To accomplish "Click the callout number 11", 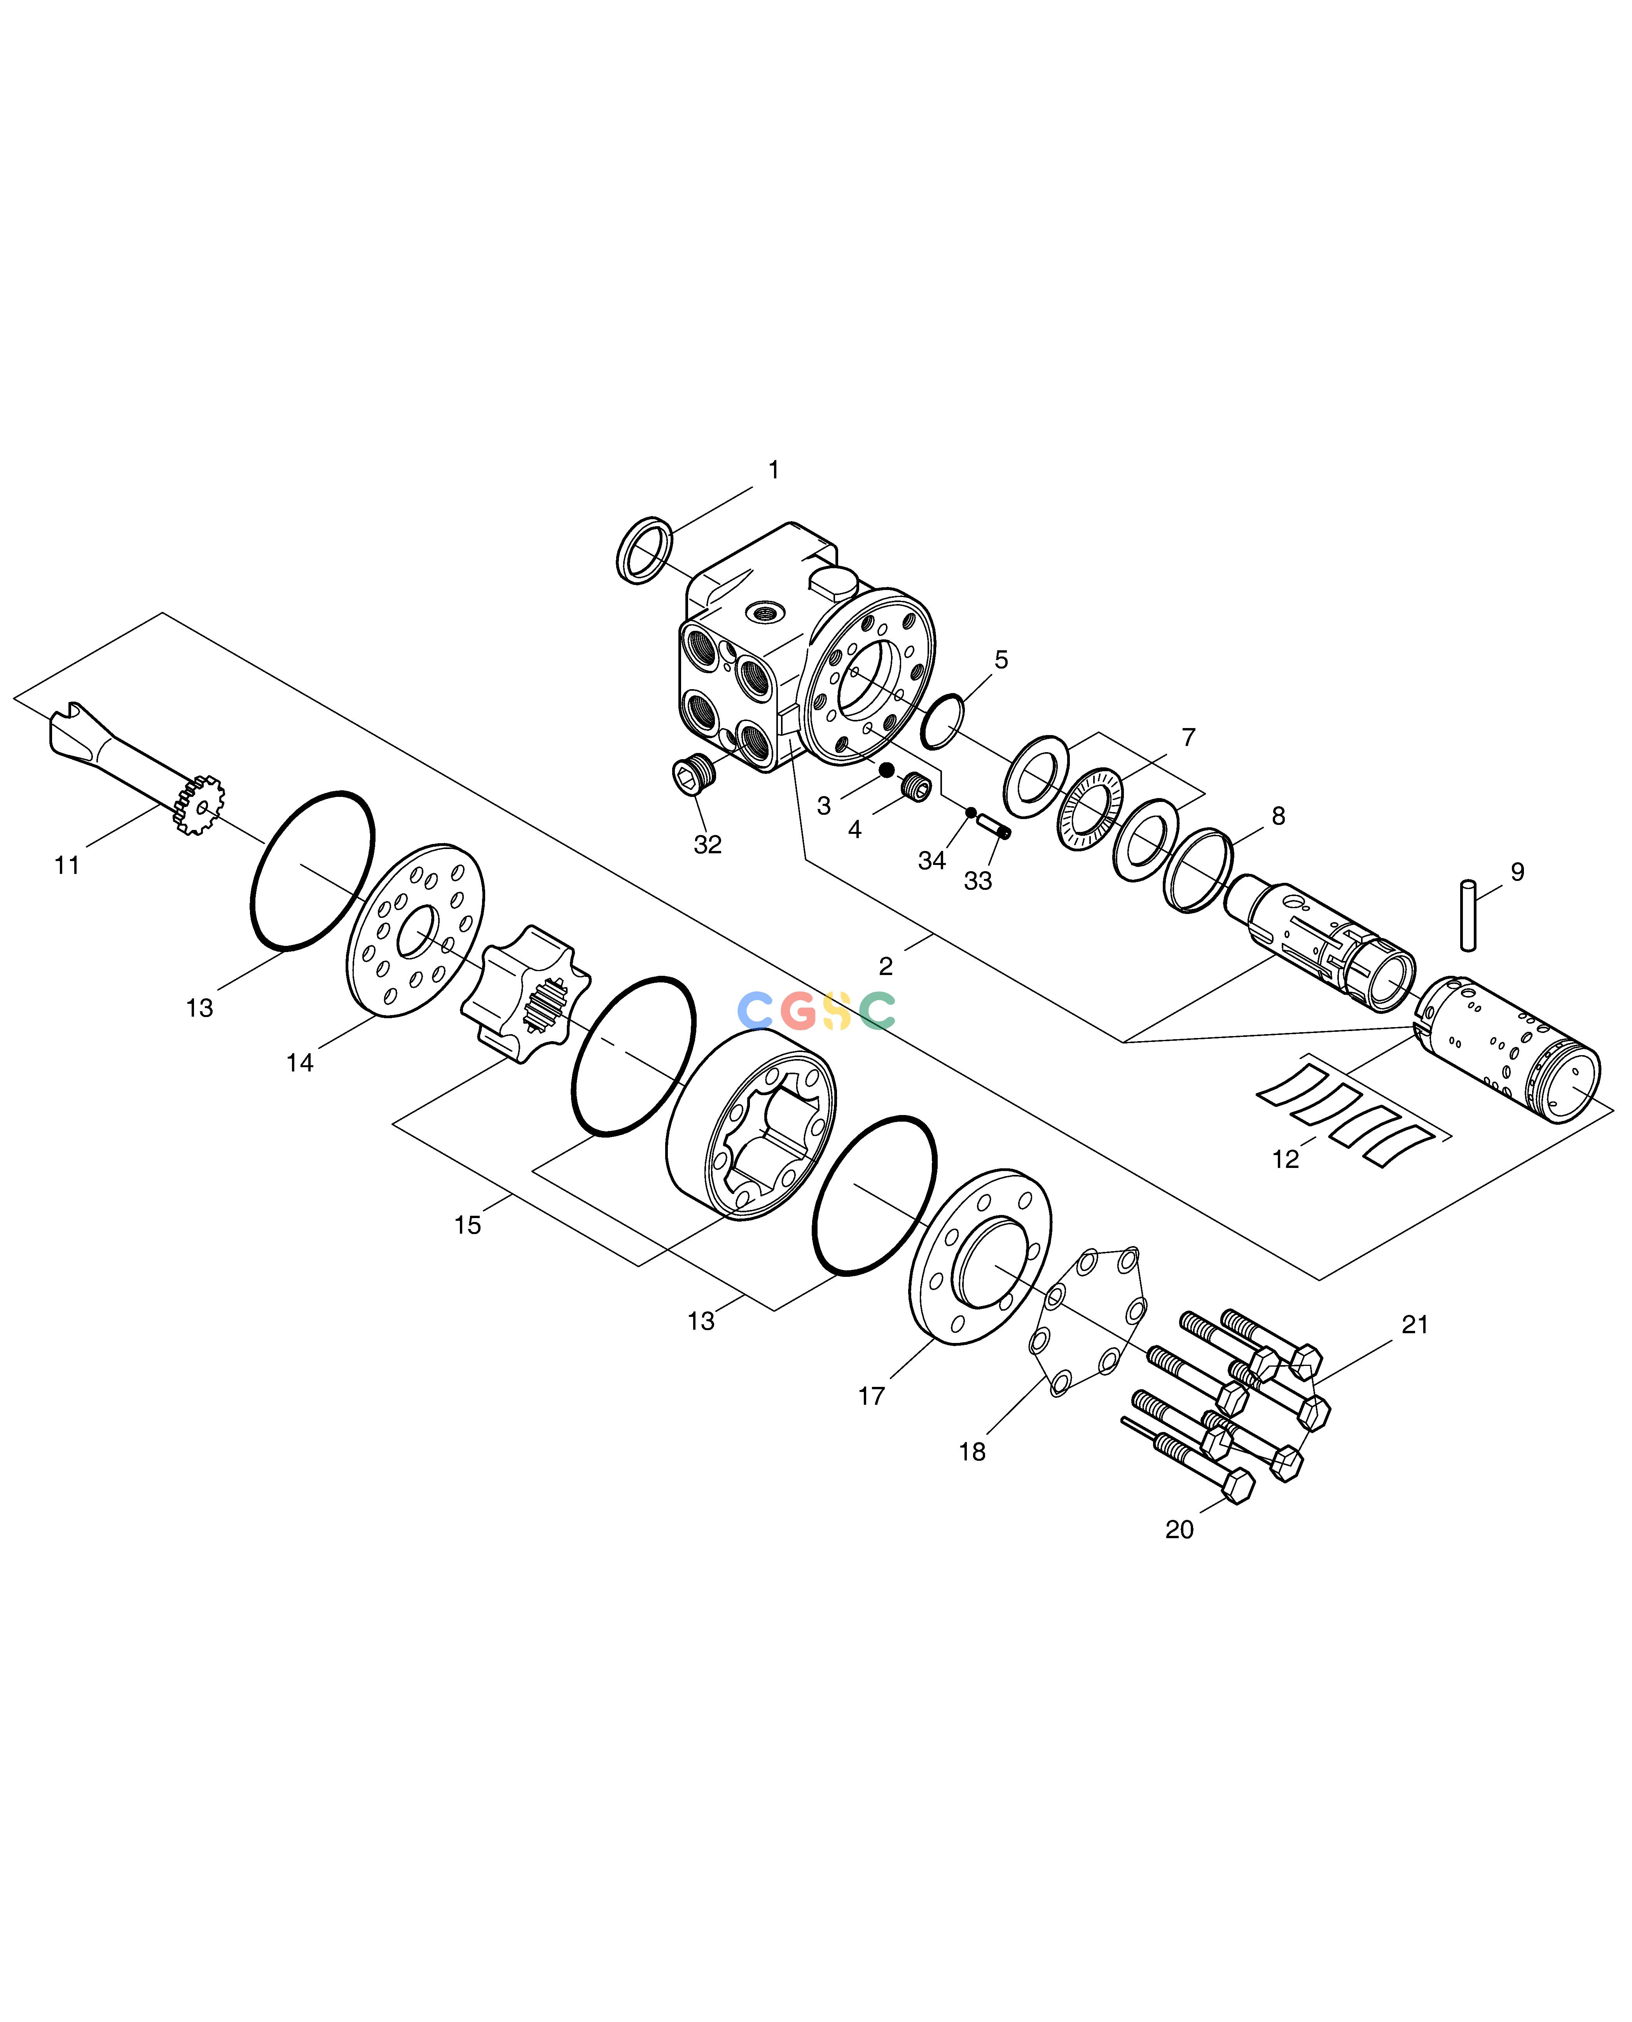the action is pos(67,865).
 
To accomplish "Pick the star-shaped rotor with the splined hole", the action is pos(524,995).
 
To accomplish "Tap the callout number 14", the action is pos(300,1063).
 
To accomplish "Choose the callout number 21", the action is pos(1415,1325).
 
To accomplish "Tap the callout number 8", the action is pos(1279,816).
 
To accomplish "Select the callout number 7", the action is pos(1188,737).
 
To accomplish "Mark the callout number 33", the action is pos(978,881).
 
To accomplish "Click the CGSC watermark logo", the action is pos(816,1011).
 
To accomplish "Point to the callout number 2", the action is pos(886,966).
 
